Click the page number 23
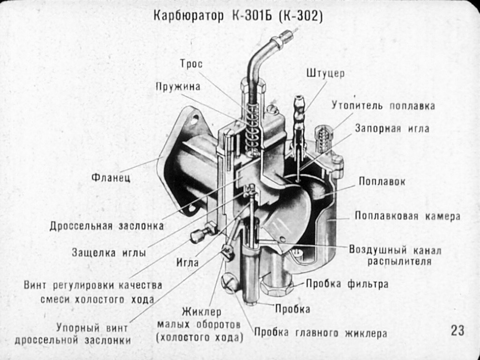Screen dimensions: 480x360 click(x=457, y=330)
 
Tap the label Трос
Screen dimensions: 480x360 click(x=191, y=64)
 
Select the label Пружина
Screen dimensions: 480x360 click(x=178, y=87)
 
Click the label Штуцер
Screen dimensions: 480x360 click(x=325, y=74)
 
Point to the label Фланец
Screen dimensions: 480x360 click(x=111, y=177)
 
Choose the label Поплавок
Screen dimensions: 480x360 click(x=382, y=181)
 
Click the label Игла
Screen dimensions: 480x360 click(x=187, y=262)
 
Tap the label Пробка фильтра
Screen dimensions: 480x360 click(x=347, y=284)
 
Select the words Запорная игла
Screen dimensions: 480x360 click(x=392, y=128)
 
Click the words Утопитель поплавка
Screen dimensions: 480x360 click(x=383, y=105)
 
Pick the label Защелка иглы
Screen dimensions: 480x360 click(x=109, y=253)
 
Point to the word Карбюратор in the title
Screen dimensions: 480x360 click(x=188, y=16)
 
